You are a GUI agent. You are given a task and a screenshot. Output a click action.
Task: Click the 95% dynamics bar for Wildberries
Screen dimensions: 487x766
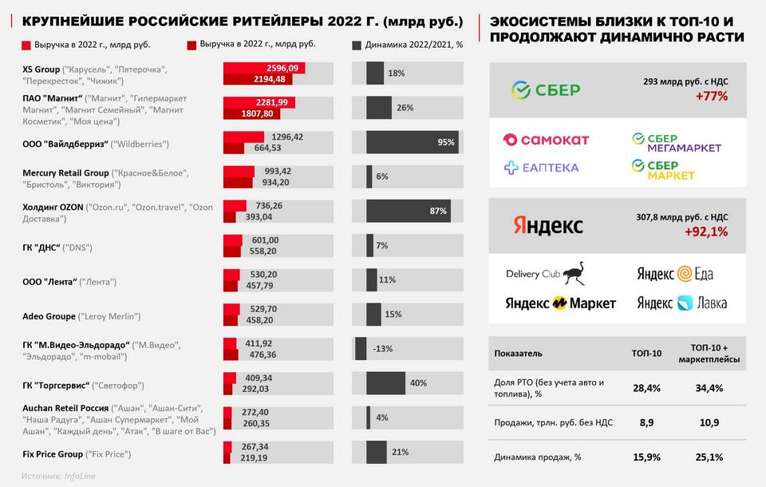tap(412, 142)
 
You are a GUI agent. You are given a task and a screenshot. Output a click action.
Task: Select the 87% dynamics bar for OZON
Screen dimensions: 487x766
tap(408, 211)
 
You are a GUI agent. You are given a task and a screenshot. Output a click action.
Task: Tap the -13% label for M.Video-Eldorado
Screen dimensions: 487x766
tap(383, 348)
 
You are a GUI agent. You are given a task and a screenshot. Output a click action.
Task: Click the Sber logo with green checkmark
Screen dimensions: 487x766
tap(546, 89)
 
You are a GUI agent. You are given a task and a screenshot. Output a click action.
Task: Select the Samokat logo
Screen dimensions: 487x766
tap(546, 140)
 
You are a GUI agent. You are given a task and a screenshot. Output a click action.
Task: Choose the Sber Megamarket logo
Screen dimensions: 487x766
tap(676, 142)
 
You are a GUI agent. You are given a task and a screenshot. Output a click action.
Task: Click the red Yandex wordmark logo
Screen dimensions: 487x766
tap(547, 225)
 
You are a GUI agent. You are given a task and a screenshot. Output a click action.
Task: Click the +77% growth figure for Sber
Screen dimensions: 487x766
tap(709, 97)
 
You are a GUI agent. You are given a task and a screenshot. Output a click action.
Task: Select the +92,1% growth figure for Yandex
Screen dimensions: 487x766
tap(705, 232)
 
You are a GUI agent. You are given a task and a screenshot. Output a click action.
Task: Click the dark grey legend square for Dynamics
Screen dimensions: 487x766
tap(357, 45)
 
